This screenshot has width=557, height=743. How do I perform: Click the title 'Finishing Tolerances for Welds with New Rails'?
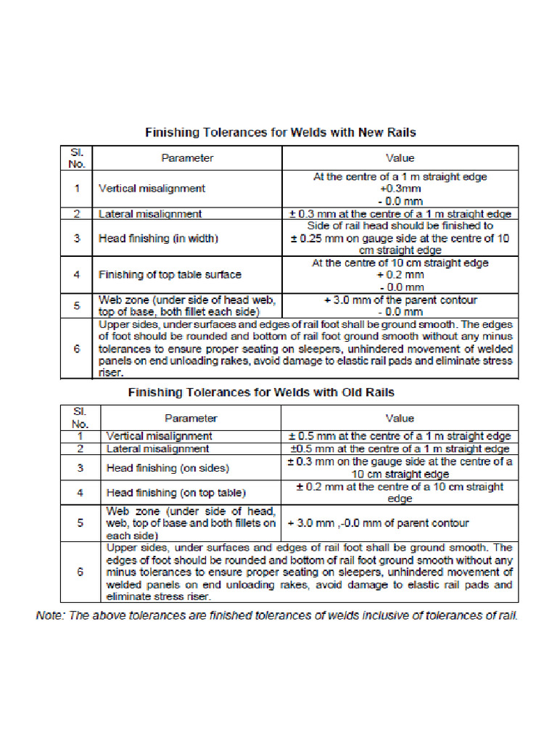(281, 133)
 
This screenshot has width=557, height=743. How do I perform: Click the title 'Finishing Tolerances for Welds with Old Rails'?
(261, 393)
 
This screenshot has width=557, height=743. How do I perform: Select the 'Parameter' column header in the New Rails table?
(187, 157)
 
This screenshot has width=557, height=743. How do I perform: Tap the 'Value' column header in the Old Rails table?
(400, 418)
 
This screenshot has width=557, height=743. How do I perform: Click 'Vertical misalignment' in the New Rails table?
(152, 189)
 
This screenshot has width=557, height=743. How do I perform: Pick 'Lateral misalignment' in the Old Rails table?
(157, 449)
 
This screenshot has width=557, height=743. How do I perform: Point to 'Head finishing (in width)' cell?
(158, 239)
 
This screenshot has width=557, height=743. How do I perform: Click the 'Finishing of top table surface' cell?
(170, 274)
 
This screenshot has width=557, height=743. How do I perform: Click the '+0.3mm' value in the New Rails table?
(400, 189)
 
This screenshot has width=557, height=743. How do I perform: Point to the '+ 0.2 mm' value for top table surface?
(400, 275)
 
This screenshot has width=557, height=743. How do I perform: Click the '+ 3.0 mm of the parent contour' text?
(400, 300)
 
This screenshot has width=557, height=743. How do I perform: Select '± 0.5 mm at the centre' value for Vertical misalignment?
(400, 437)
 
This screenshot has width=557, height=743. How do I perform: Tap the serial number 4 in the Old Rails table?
(81, 493)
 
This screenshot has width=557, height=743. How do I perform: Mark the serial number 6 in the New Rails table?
(76, 349)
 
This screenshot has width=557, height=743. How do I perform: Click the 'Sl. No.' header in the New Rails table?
(77, 157)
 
